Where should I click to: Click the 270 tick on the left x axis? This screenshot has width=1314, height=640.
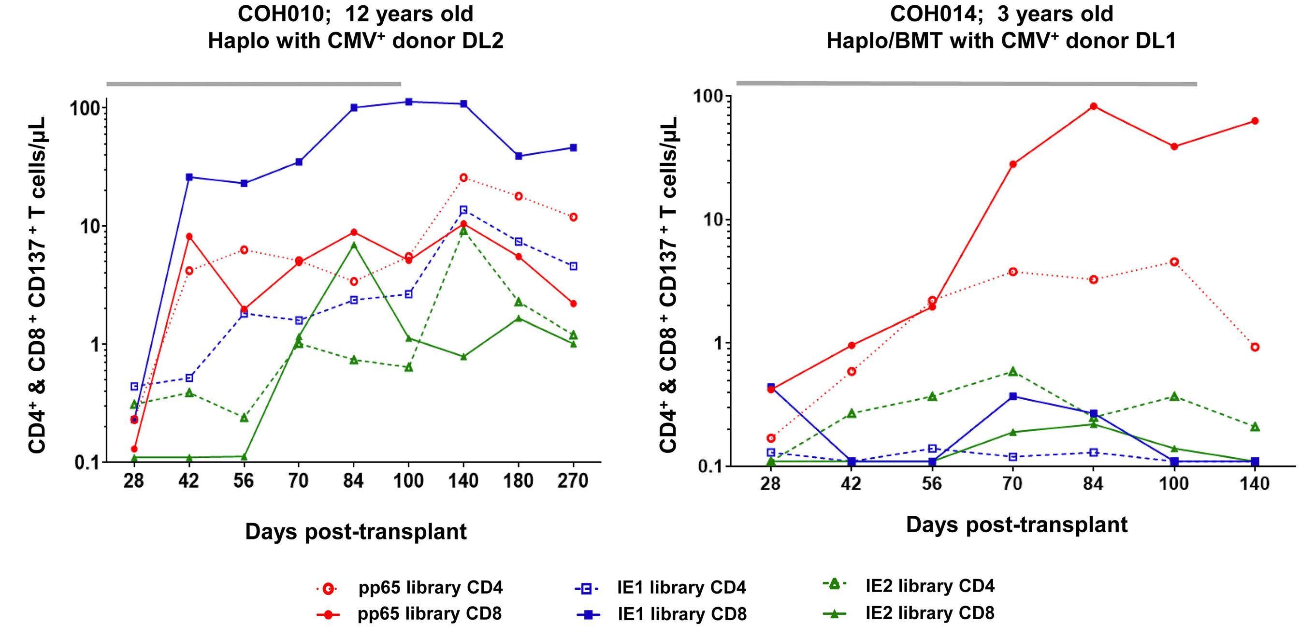(x=573, y=481)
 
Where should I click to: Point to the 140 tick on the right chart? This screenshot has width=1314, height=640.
(x=1255, y=483)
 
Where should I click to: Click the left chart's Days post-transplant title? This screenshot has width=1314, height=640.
(x=356, y=531)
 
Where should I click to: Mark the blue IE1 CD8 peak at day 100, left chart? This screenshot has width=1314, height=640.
(x=408, y=102)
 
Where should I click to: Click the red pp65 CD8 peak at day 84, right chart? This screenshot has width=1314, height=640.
(x=1093, y=106)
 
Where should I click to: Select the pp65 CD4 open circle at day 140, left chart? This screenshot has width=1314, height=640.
(x=463, y=177)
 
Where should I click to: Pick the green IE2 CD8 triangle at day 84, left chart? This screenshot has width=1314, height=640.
(x=353, y=245)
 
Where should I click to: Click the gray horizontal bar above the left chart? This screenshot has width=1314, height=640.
(x=254, y=84)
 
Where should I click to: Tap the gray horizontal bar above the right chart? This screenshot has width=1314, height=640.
(x=966, y=83)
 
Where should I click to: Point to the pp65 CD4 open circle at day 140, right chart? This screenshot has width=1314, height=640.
(x=1255, y=347)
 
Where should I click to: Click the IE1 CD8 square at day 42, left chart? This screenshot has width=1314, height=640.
(x=189, y=177)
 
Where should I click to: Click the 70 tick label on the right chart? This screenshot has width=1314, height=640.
(x=1012, y=483)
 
